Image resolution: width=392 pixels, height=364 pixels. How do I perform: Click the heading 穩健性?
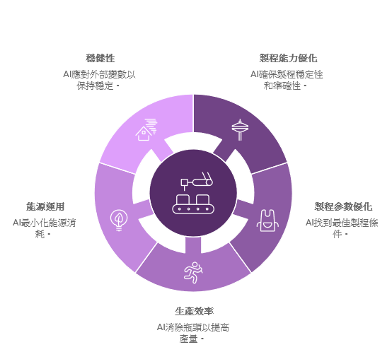100,58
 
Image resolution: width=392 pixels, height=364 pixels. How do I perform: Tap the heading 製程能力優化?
288,58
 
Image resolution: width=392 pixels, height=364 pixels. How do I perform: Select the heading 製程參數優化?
343,206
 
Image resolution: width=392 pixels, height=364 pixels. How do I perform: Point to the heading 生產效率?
194,311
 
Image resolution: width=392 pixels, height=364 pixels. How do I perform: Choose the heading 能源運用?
45,206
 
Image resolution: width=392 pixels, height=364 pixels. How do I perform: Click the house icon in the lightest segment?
144,134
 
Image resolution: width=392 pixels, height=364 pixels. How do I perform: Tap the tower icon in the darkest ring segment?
240,130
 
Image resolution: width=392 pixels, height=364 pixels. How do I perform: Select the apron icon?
267,221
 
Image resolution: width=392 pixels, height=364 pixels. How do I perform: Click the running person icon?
193,273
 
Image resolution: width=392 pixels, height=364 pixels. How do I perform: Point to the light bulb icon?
119,221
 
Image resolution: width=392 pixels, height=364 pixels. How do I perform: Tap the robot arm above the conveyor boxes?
197,181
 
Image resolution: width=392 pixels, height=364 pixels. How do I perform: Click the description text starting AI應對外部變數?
99,80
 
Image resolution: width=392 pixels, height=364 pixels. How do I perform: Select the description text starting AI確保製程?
287,80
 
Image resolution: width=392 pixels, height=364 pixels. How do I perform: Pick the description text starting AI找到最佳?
342,228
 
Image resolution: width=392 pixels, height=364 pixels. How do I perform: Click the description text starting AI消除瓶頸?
193,333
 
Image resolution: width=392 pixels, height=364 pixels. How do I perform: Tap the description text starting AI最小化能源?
45,228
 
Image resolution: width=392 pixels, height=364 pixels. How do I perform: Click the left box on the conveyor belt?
183,199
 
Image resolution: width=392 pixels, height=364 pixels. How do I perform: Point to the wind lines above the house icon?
151,126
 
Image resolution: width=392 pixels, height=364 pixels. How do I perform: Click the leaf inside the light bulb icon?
119,218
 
